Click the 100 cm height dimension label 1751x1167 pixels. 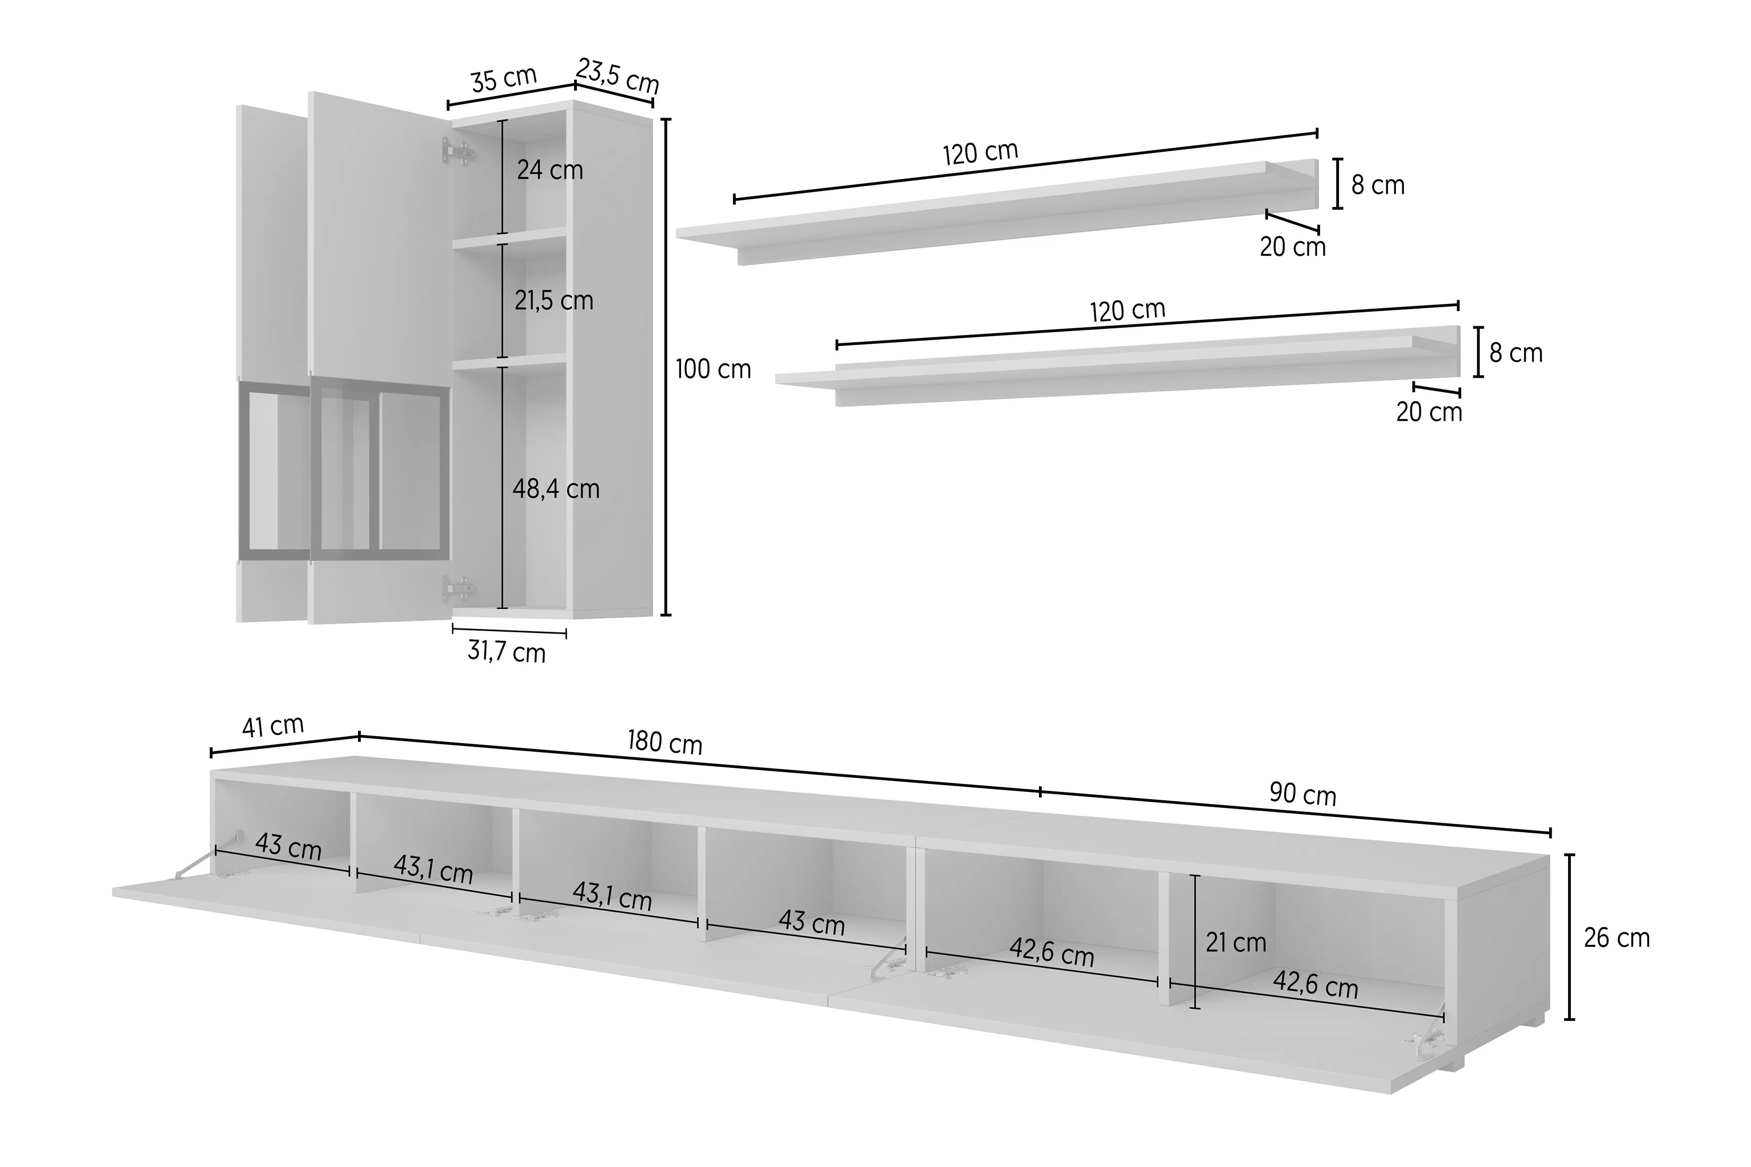tap(713, 369)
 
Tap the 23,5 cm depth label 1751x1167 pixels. tap(618, 76)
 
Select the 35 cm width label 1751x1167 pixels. tap(504, 79)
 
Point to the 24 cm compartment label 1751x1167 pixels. tap(550, 171)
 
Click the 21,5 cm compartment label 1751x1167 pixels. tap(554, 301)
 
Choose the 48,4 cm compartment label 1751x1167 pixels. tap(555, 489)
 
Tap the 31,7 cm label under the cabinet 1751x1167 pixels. tap(506, 652)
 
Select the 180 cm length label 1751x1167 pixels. tap(665, 742)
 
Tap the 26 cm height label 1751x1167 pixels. tap(1616, 938)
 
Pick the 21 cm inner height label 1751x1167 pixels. tap(1236, 943)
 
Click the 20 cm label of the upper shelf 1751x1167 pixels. tap(1292, 247)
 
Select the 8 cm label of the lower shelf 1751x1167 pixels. tap(1516, 353)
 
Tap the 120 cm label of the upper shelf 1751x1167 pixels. tap(981, 153)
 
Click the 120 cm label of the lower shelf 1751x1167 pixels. tap(1127, 310)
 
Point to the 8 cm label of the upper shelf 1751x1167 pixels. tap(1378, 185)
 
